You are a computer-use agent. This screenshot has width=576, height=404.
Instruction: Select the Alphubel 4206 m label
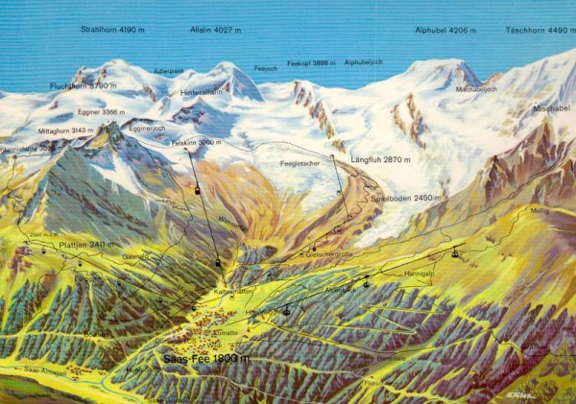tap(445, 30)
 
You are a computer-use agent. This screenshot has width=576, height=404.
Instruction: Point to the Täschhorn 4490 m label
tap(540, 30)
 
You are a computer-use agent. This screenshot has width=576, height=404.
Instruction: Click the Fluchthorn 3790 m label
tap(83, 85)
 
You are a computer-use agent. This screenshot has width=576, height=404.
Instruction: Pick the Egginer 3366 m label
tap(101, 112)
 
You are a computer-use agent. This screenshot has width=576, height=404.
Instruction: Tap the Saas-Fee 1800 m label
tap(205, 358)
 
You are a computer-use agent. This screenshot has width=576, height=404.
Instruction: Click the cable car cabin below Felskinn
tap(199, 190)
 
